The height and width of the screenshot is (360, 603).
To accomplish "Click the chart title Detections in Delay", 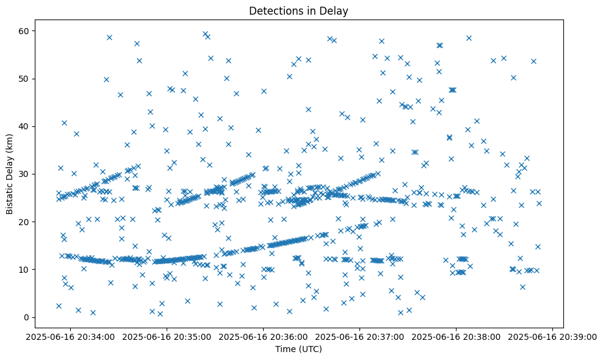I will (298, 10).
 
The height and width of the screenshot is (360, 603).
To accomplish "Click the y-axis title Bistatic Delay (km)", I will (9, 174).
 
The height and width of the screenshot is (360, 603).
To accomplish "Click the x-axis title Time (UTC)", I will (298, 349).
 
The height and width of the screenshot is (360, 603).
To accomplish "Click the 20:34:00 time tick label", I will (71, 336).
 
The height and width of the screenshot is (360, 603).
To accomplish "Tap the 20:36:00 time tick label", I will (264, 336).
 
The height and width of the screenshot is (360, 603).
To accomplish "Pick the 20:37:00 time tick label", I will (360, 336).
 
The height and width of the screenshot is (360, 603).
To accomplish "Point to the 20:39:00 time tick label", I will (553, 336).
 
